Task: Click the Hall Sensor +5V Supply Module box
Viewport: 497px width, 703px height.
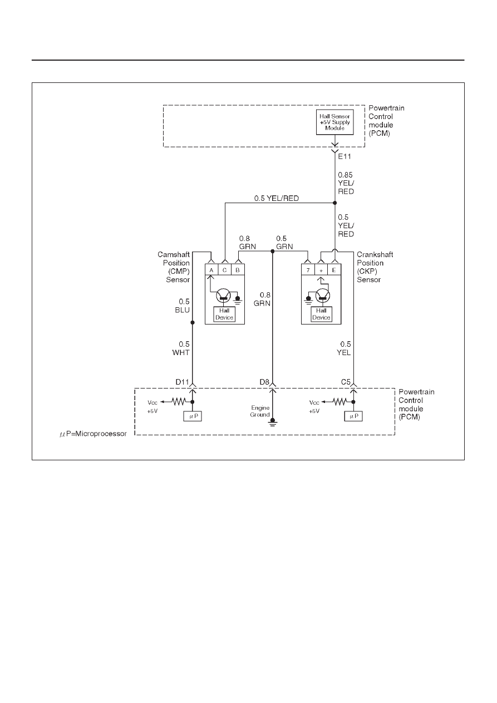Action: coord(334,122)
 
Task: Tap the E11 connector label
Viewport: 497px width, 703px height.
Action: coord(344,156)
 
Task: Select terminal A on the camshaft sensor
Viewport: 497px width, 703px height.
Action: coord(211,270)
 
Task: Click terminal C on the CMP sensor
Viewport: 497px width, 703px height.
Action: coord(225,270)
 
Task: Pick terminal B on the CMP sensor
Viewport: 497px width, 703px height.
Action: coord(238,270)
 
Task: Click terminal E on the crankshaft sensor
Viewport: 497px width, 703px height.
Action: coord(334,270)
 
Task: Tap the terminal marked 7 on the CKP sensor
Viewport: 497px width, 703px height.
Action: coord(308,270)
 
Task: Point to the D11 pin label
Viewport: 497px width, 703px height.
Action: coord(182,382)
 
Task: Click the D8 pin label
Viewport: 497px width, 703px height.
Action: coord(264,382)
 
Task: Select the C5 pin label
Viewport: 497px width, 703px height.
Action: coord(346,382)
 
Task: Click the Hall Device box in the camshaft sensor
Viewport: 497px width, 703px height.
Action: coord(224,314)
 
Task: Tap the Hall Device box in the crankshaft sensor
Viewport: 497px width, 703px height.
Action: coord(321,314)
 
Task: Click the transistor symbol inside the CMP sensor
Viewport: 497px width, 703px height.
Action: coord(223,296)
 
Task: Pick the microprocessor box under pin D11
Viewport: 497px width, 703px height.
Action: coord(193,416)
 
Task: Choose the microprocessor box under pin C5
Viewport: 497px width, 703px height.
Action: coord(353,416)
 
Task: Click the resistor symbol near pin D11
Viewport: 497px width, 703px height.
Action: coord(179,401)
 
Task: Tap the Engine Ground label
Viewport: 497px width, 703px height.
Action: coord(260,411)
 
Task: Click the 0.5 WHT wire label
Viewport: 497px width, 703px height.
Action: coord(181,348)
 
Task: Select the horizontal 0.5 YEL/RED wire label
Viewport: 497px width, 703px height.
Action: coord(277,198)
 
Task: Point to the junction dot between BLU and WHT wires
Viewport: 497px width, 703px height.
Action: coord(193,323)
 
